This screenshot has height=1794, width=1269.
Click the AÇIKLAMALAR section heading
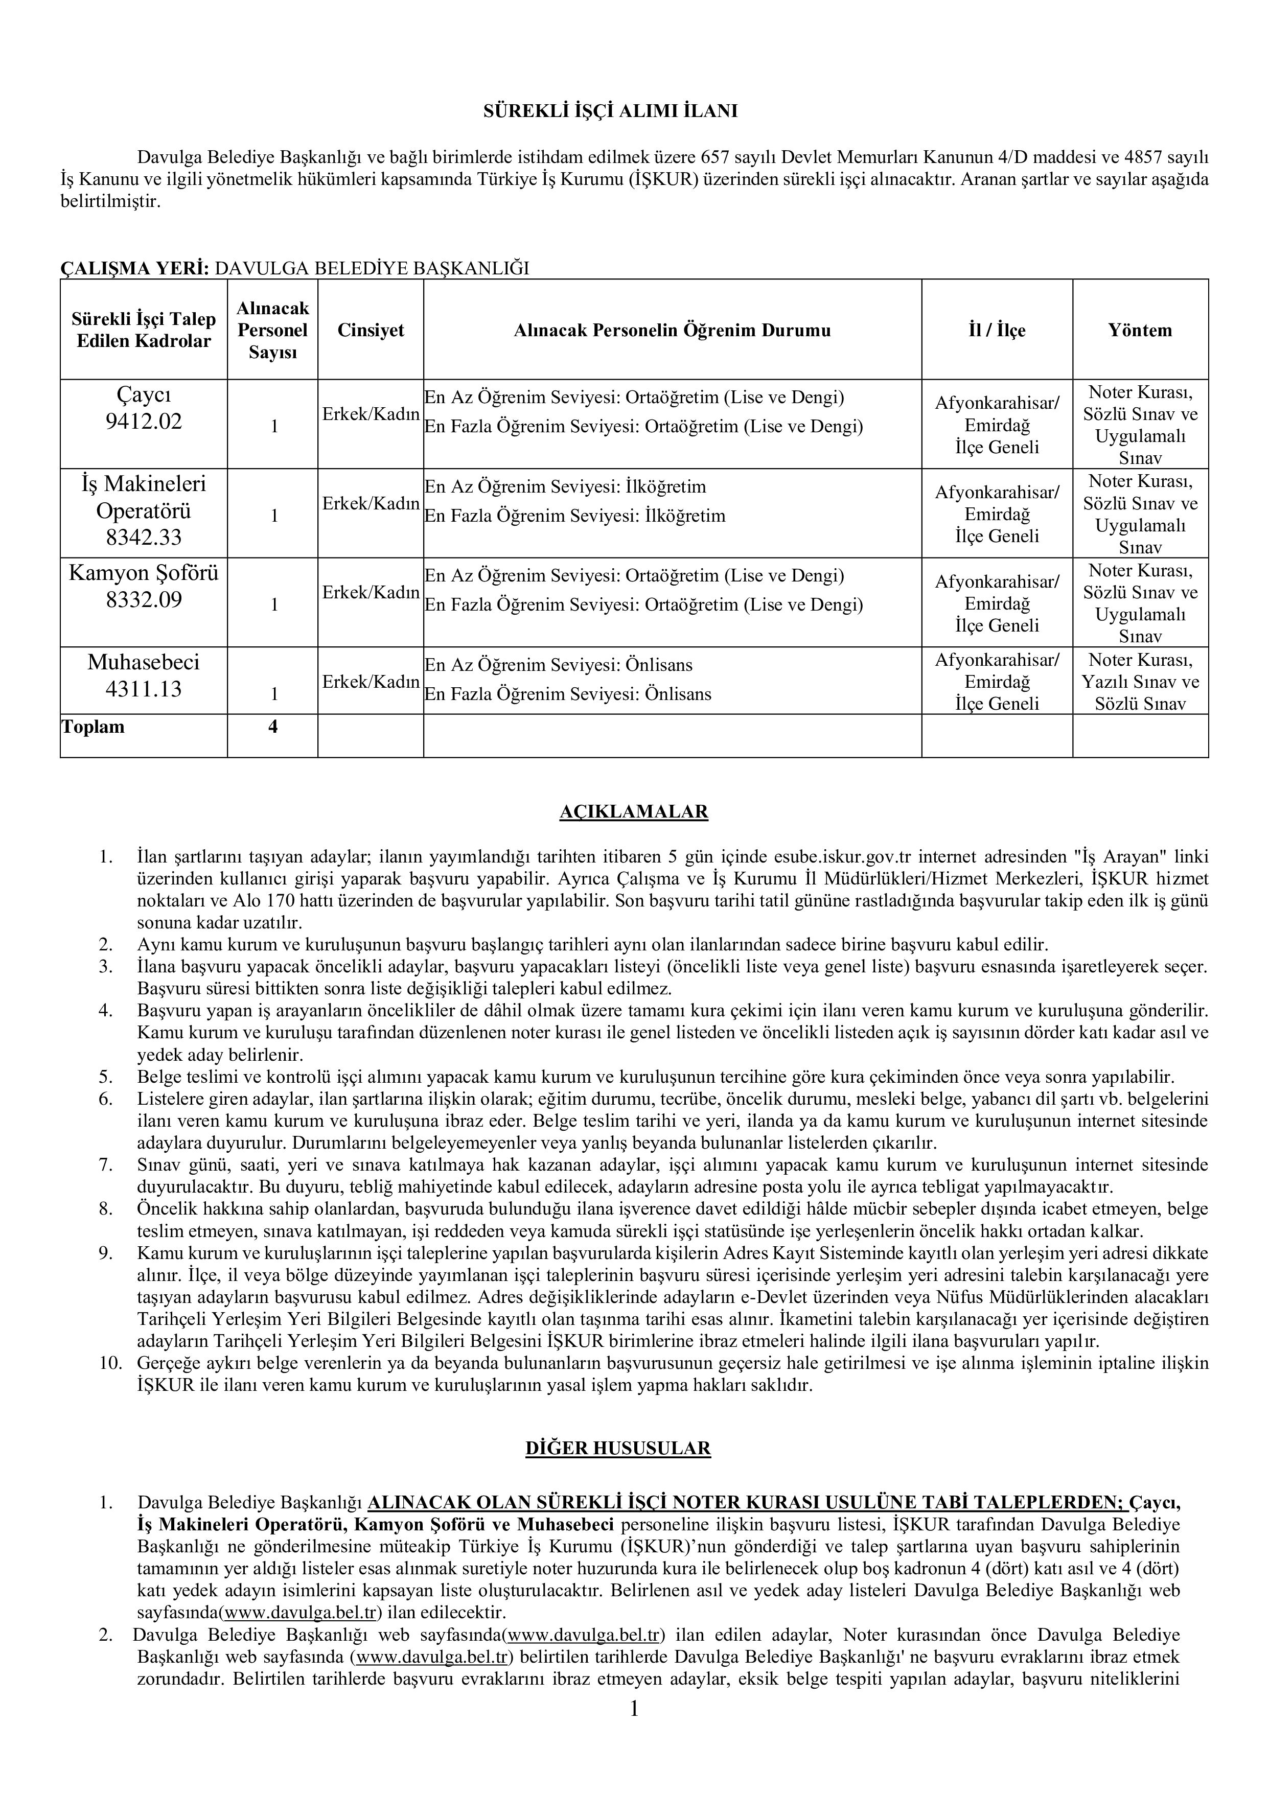tap(634, 812)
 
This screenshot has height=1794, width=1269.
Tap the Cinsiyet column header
tap(371, 330)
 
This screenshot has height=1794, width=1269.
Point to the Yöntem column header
tap(1140, 330)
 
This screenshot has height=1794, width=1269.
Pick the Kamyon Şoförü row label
tap(144, 573)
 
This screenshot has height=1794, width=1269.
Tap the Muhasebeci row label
tap(144, 663)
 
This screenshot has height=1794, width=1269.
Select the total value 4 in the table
tap(273, 727)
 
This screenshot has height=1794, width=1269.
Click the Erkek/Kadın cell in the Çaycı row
tap(371, 414)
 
